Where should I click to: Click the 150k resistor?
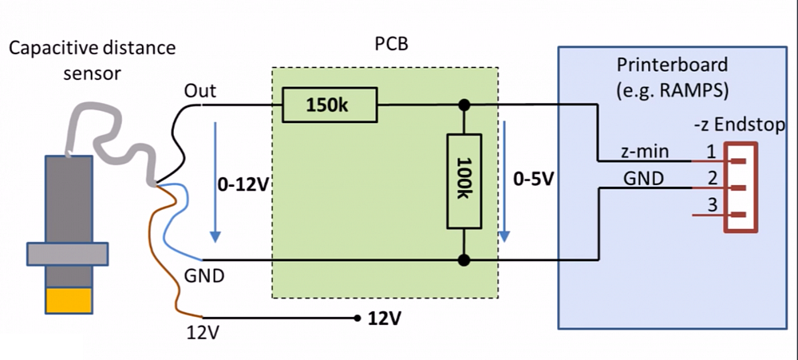click(x=330, y=105)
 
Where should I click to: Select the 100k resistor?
click(x=462, y=180)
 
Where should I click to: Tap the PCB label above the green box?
click(x=391, y=44)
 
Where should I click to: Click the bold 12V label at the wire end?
click(x=384, y=319)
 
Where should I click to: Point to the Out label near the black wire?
click(x=199, y=91)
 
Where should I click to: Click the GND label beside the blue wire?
click(x=203, y=277)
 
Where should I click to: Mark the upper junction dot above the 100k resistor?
click(x=462, y=105)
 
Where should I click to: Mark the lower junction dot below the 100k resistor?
click(x=462, y=260)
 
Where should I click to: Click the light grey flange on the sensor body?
click(x=67, y=253)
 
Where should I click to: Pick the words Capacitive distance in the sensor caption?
click(x=92, y=48)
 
